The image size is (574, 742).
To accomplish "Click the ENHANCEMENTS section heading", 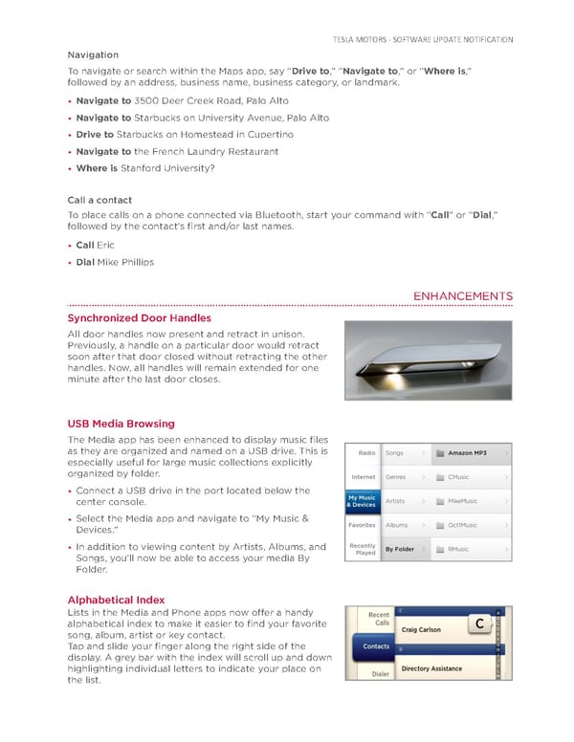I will [462, 296].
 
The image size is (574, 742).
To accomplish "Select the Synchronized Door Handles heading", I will [140, 317].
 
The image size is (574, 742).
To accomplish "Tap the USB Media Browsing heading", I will [121, 424].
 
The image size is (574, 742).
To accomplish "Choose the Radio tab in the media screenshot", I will [365, 452].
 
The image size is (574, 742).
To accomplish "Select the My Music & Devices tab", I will [363, 501].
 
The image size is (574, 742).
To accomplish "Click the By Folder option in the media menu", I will [400, 550].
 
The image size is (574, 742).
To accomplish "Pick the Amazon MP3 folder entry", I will [467, 452].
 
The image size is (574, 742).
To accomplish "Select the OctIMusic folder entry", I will [463, 525].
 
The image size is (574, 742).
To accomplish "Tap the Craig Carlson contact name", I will [421, 630].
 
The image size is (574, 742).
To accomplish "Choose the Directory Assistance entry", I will [431, 669].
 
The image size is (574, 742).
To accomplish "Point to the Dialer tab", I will [380, 674].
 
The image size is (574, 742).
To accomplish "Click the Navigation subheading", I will [93, 55].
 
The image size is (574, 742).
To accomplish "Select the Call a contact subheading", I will [99, 201].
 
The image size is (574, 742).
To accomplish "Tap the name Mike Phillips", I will [125, 262].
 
